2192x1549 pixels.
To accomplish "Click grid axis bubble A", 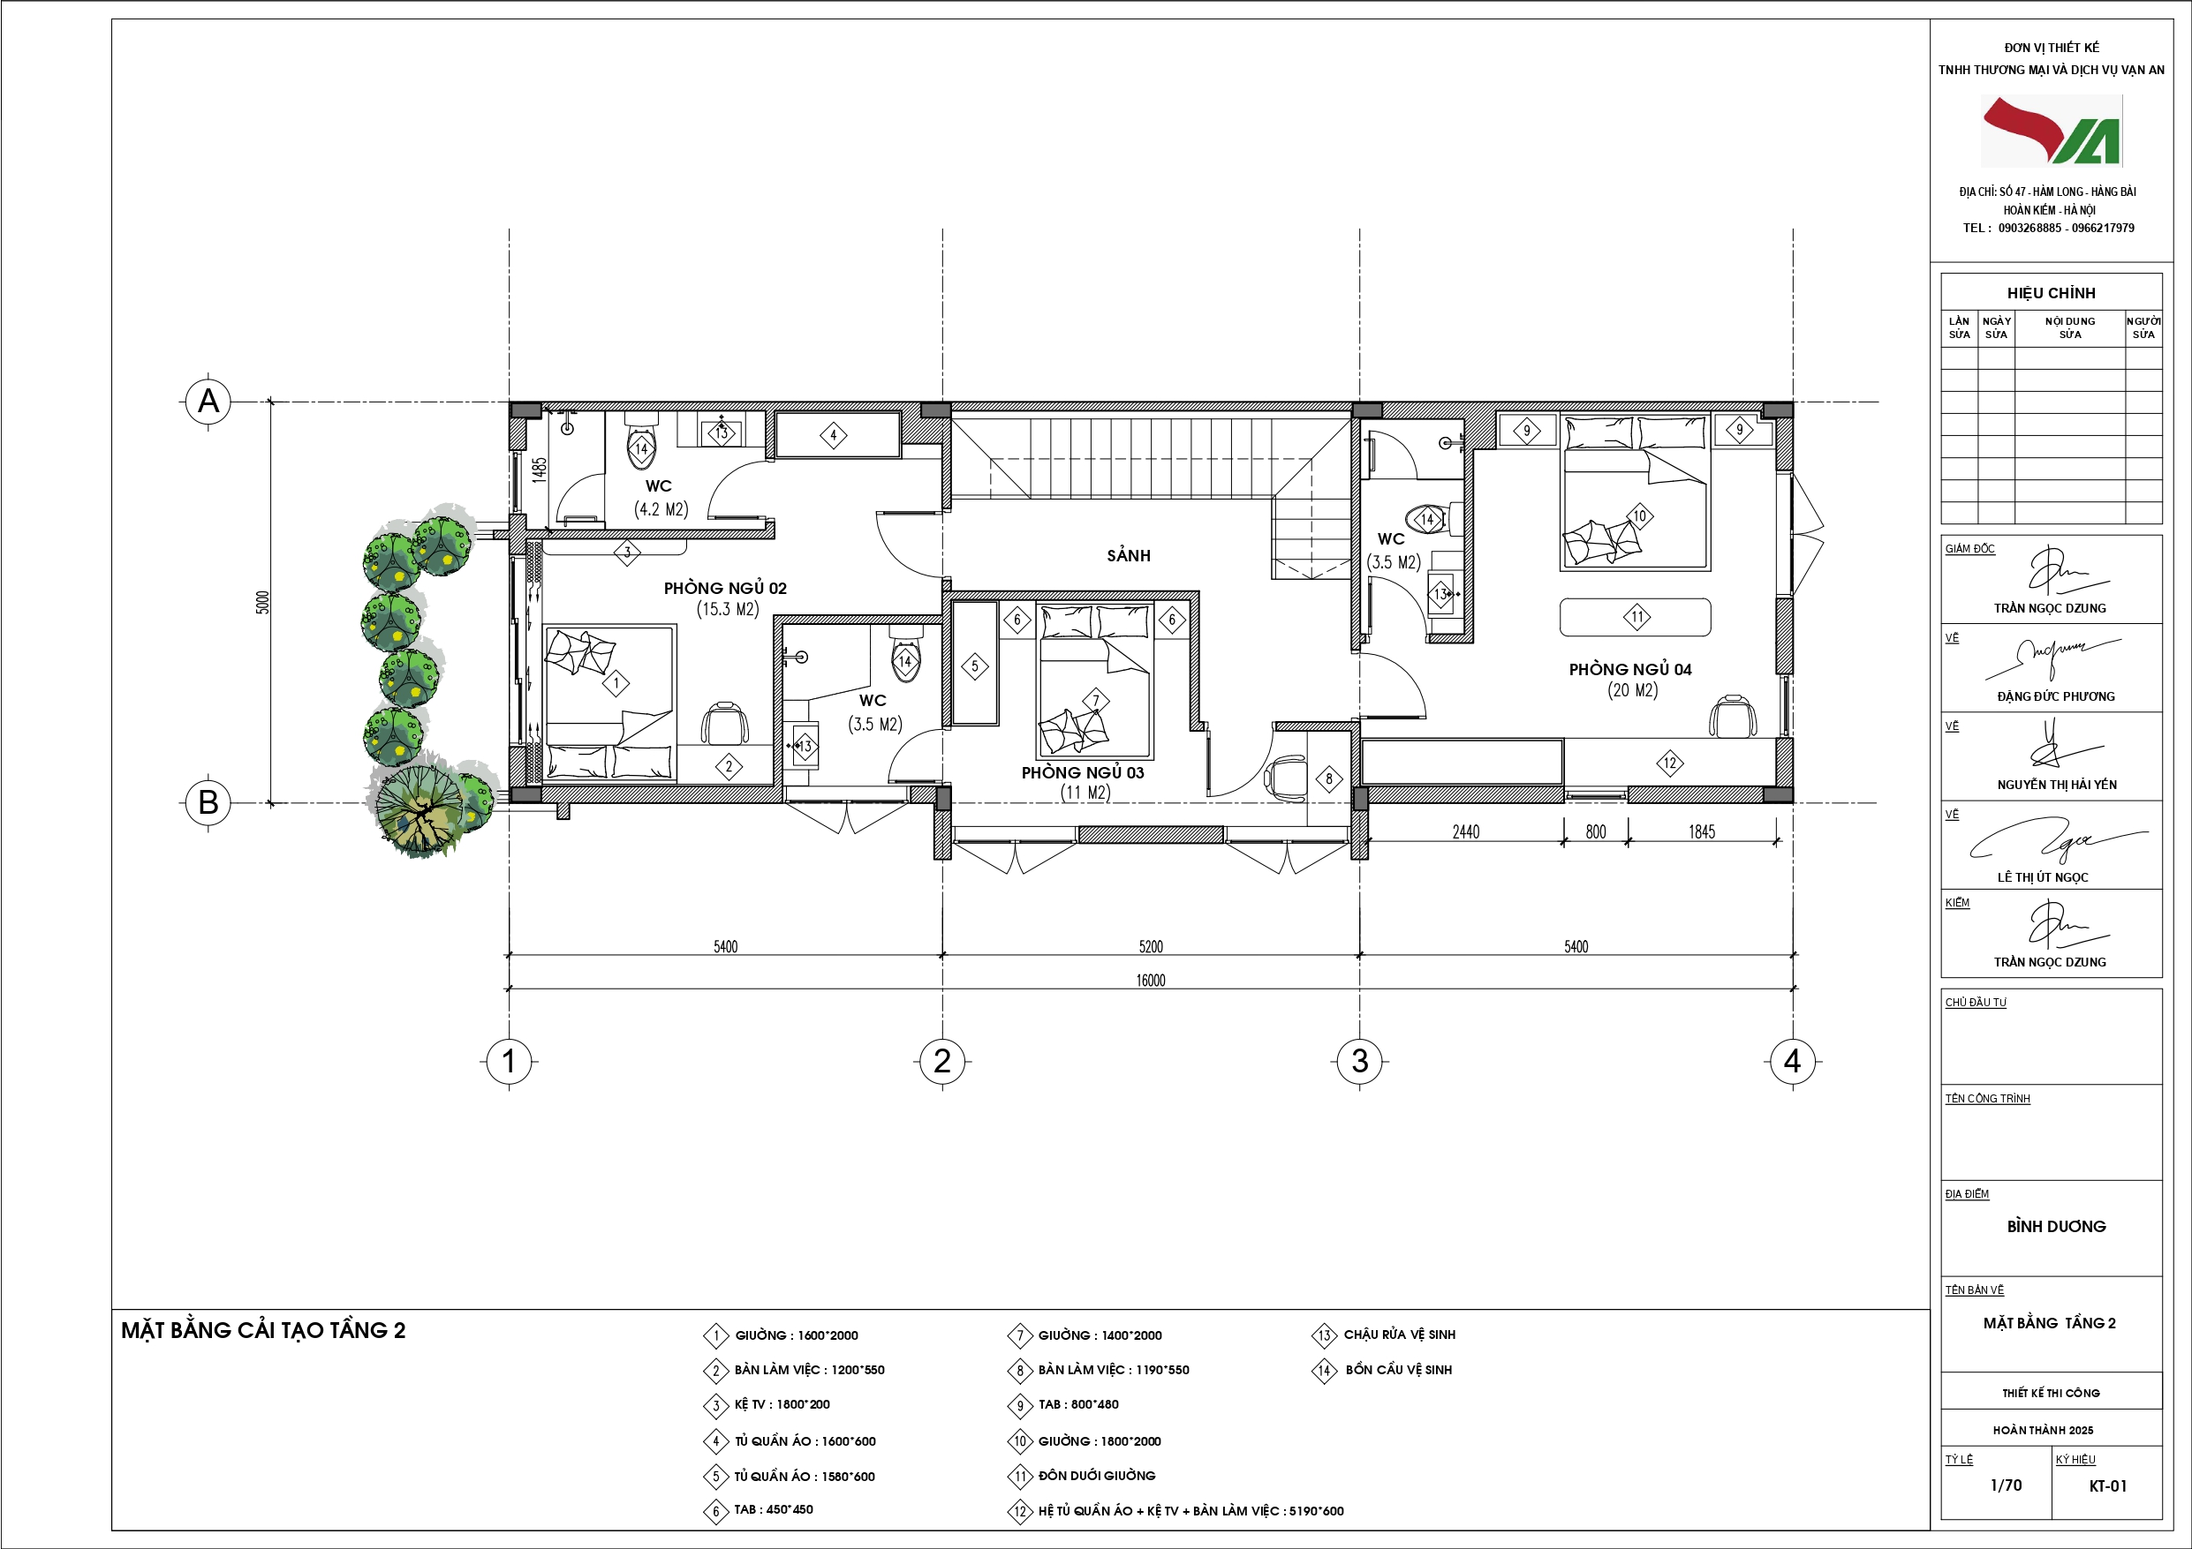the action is [x=208, y=401].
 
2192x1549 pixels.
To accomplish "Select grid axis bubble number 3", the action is [x=1359, y=1060].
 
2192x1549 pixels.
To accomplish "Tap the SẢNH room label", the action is [x=1129, y=555].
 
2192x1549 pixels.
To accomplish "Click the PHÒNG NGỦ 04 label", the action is [x=1629, y=669].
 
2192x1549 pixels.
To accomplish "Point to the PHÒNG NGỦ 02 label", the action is [x=726, y=588].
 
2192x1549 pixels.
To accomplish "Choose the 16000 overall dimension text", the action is [x=1151, y=981].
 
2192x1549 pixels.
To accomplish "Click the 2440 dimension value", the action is [x=1465, y=832].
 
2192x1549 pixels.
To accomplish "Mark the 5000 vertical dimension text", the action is [x=262, y=602].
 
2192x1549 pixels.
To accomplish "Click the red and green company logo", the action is [x=2052, y=131].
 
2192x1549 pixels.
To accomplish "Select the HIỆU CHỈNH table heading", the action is [x=2051, y=293].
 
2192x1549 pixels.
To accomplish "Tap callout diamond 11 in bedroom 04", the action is [x=1636, y=617].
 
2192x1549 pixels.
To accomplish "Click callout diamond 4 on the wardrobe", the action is [x=833, y=435].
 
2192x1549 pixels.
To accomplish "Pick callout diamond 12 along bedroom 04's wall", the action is [x=1670, y=763].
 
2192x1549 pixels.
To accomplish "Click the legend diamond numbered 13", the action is [x=1323, y=1335].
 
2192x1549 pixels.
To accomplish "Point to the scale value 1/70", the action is [x=2006, y=1485].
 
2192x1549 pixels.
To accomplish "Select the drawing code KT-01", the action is [x=2108, y=1486].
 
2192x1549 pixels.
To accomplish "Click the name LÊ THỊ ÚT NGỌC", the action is [x=2043, y=877].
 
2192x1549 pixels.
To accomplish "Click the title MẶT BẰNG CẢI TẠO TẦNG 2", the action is [x=263, y=1330].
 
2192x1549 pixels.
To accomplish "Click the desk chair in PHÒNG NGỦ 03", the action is [x=1286, y=778].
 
